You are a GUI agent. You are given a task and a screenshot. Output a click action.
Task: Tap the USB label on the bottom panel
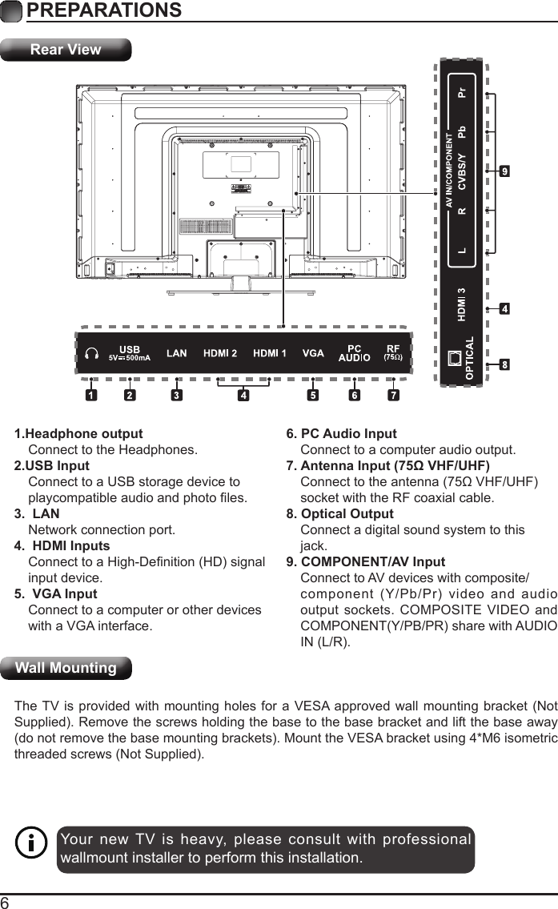pyautogui.click(x=130, y=349)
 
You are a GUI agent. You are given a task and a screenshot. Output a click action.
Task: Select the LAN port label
pyautogui.click(x=177, y=353)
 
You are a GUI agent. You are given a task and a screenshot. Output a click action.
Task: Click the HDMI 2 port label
pyautogui.click(x=220, y=353)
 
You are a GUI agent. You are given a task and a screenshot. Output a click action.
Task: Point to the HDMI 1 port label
pyautogui.click(x=271, y=353)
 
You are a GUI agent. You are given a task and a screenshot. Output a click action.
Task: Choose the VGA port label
pyautogui.click(x=313, y=353)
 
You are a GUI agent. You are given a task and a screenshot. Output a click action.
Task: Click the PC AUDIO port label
pyautogui.click(x=354, y=353)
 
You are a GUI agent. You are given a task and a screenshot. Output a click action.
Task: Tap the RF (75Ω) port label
pyautogui.click(x=393, y=353)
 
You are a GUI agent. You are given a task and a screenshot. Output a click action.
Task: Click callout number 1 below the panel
pyautogui.click(x=92, y=395)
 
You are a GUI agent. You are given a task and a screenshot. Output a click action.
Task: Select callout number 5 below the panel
pyautogui.click(x=313, y=395)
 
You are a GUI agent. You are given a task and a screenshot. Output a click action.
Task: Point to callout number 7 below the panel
pyautogui.click(x=393, y=395)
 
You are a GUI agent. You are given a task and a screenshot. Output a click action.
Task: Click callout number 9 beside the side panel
pyautogui.click(x=505, y=171)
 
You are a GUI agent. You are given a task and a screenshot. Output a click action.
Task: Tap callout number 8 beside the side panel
pyautogui.click(x=505, y=365)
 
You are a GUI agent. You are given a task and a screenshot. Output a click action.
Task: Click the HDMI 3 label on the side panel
pyautogui.click(x=461, y=304)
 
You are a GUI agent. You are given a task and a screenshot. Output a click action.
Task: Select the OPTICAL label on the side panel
pyautogui.click(x=470, y=358)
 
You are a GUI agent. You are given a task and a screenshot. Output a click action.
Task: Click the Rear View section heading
pyautogui.click(x=66, y=50)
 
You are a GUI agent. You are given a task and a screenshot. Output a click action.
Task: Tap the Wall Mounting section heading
pyautogui.click(x=66, y=668)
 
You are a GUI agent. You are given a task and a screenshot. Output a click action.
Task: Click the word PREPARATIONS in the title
pyautogui.click(x=103, y=10)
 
